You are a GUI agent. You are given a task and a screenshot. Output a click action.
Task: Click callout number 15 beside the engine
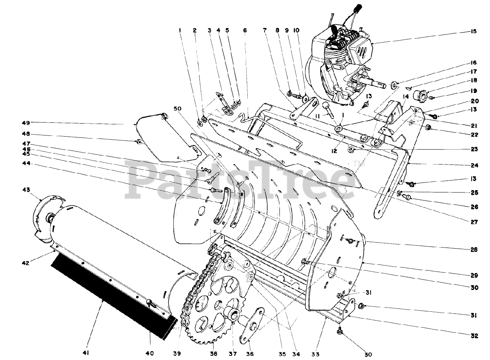click(x=474, y=31)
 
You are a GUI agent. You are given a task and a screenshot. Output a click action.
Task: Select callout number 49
click(x=26, y=123)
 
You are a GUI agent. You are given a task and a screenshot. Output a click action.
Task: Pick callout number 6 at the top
click(x=245, y=30)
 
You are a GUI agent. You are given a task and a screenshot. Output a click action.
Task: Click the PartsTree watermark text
click(x=241, y=180)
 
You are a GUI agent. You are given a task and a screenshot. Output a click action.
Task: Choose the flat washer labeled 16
click(x=394, y=83)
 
